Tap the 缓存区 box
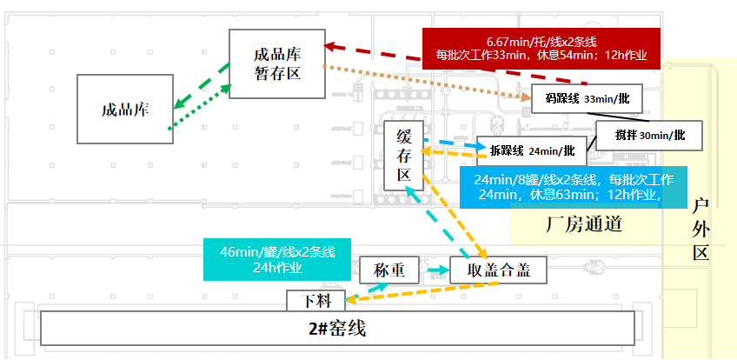coord(403,156)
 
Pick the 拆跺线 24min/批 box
coord(532,150)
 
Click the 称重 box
coord(388,270)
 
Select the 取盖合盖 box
coord(498,270)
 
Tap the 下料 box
coord(315,301)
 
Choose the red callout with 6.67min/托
coord(541,48)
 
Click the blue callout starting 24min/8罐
coord(572,187)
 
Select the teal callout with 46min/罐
coord(276,259)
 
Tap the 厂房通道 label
coord(584,223)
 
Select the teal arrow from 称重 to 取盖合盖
coord(434,271)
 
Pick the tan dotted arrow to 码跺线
coord(426,82)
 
